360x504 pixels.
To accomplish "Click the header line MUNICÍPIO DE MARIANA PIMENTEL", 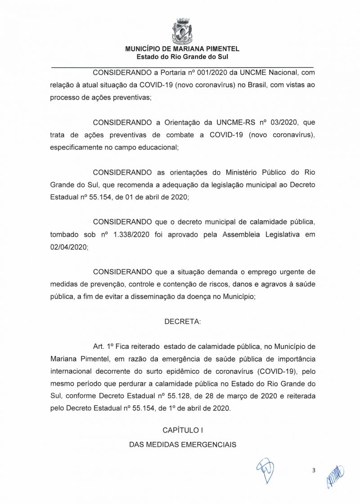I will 182,49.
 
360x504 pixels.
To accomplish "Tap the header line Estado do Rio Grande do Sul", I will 182,57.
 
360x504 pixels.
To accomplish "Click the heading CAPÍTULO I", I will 182,430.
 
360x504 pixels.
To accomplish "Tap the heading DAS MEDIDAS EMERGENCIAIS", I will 183,444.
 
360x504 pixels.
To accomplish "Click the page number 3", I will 314,471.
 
